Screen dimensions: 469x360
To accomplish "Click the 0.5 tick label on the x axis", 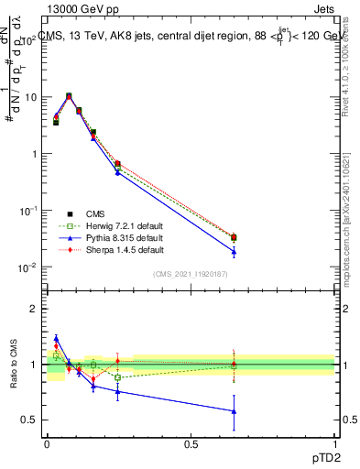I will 191,444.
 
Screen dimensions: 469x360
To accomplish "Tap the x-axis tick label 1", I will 334,444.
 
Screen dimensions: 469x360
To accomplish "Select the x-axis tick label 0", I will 47,444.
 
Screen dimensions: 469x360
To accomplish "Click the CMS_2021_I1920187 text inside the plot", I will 190,274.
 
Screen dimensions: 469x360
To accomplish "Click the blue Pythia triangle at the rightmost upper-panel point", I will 234,252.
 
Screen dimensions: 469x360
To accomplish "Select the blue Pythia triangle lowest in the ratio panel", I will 234,411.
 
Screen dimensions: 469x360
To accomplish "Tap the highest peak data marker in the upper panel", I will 69,95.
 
